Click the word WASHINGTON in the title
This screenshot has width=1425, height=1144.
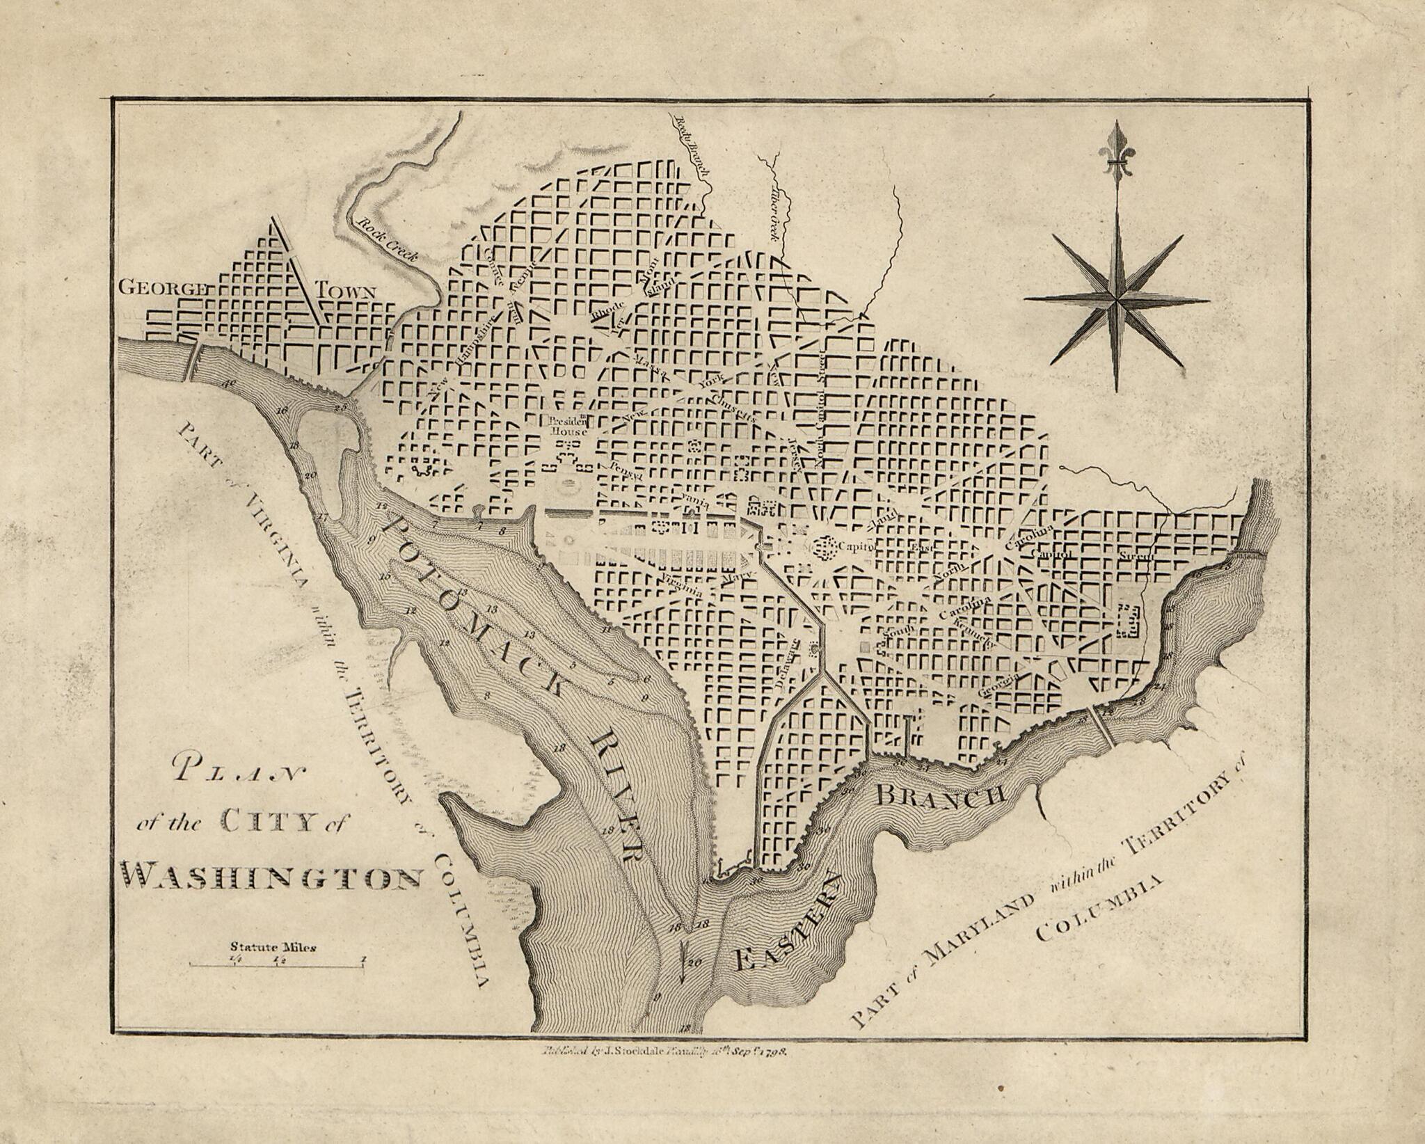[x=271, y=877]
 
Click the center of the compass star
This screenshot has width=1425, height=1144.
[x=1117, y=300]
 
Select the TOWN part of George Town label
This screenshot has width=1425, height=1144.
[x=346, y=291]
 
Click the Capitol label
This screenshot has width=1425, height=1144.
[x=855, y=546]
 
